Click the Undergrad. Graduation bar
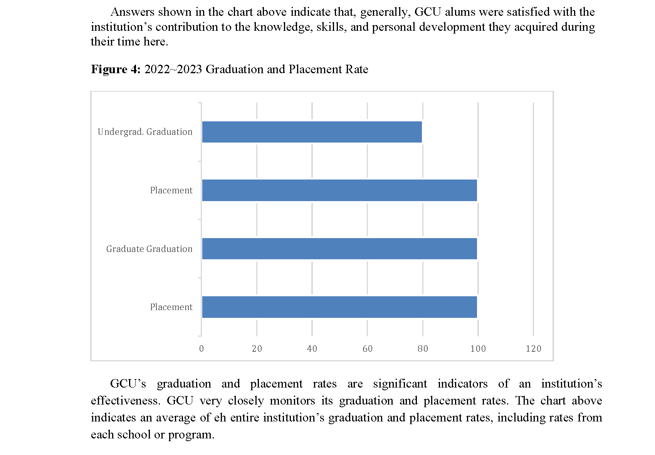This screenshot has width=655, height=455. pyautogui.click(x=312, y=132)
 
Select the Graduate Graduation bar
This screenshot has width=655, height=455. pyautogui.click(x=339, y=248)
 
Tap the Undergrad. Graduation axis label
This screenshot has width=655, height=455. pyautogui.click(x=145, y=132)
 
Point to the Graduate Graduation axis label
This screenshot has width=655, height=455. pyautogui.click(x=149, y=249)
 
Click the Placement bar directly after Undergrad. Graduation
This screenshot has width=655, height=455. pyautogui.click(x=339, y=190)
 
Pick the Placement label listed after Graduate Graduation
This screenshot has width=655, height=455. pyautogui.click(x=171, y=307)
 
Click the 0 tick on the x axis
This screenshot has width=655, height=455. pyautogui.click(x=202, y=349)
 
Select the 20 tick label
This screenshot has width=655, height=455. pyautogui.click(x=257, y=349)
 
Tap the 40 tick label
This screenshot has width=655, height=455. pyautogui.click(x=312, y=349)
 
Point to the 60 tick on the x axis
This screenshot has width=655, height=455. pyautogui.click(x=368, y=349)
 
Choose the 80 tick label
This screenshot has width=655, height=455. pyautogui.click(x=423, y=349)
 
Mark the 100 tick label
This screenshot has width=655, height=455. pyautogui.click(x=478, y=349)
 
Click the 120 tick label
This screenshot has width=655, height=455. pyautogui.click(x=534, y=349)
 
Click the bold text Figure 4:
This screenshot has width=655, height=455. pyautogui.click(x=116, y=69)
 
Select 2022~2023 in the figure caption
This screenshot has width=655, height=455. pyautogui.click(x=173, y=69)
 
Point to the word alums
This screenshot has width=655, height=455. pyautogui.click(x=458, y=12)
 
